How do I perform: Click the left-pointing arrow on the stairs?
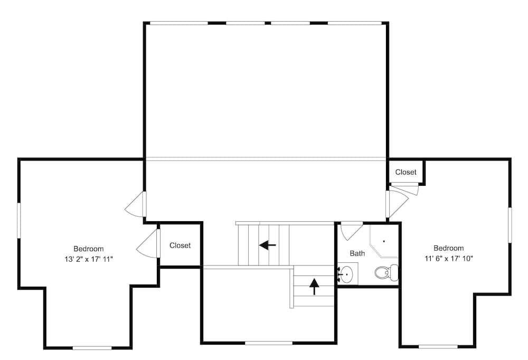(x=268, y=245)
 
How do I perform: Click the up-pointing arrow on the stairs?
(x=314, y=286)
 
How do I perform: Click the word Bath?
(x=357, y=253)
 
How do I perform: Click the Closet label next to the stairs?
(x=180, y=245)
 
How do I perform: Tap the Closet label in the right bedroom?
(x=406, y=172)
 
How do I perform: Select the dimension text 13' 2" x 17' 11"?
(x=88, y=259)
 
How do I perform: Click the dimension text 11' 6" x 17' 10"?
(x=448, y=259)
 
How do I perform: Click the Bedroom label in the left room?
(x=88, y=249)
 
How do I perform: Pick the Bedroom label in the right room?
(x=448, y=248)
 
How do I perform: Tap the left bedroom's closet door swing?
(x=148, y=244)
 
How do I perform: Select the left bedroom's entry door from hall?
(x=135, y=205)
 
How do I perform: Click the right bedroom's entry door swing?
(x=397, y=203)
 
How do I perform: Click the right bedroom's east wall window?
(x=510, y=225)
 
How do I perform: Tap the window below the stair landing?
(x=268, y=343)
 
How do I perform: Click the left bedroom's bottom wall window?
(x=92, y=348)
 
